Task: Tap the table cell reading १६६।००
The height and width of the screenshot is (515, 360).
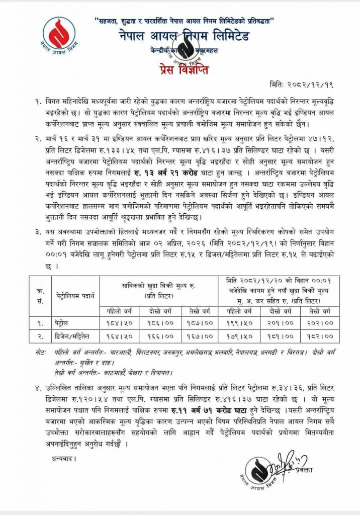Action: [x=159, y=334]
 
